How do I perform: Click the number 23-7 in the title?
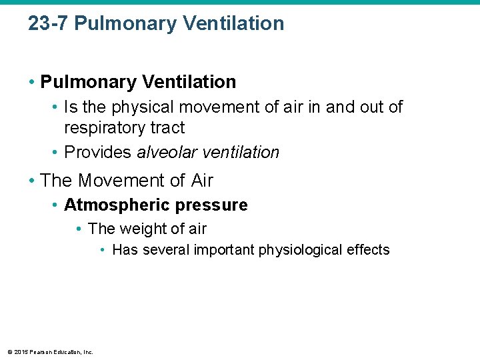pos(49,24)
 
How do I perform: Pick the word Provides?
pos(98,152)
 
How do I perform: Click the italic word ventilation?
pos(240,152)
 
